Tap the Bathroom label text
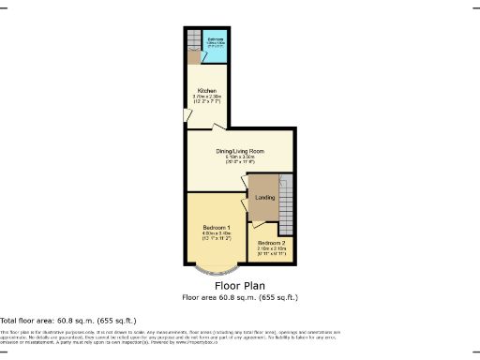tap(215, 38)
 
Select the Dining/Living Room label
tap(239, 151)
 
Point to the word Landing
tap(264, 198)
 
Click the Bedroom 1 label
tap(217, 228)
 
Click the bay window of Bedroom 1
tap(217, 271)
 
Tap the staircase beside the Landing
tap(287, 201)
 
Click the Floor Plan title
tap(239, 285)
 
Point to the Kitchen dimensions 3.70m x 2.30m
tap(205, 97)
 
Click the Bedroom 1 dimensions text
tap(217, 236)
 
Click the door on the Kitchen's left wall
tap(187, 114)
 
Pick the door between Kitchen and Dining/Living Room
tap(217, 127)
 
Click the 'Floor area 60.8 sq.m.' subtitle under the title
tap(239, 297)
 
